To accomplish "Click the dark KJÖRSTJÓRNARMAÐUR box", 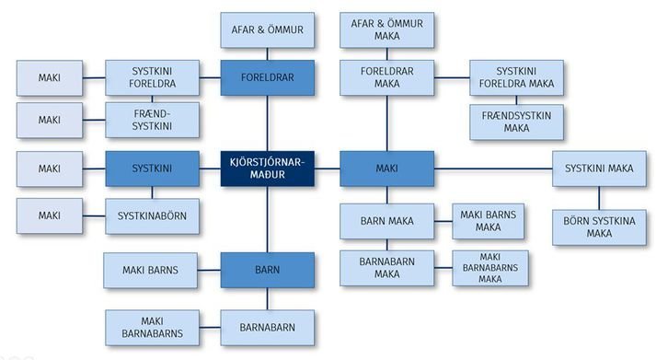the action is click(x=268, y=168).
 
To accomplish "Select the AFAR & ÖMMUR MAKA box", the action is click(x=386, y=29).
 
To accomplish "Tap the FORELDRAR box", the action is click(x=268, y=77).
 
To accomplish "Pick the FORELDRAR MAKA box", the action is click(x=386, y=77).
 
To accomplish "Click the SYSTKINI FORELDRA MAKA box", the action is click(x=516, y=77).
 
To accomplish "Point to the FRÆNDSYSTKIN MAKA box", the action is click(x=516, y=122).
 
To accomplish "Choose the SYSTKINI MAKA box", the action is click(x=599, y=168).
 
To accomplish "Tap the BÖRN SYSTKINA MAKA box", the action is click(x=599, y=227).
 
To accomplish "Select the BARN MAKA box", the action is click(x=386, y=221).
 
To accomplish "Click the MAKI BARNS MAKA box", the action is click(x=488, y=221).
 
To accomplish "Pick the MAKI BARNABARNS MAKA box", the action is click(x=489, y=268).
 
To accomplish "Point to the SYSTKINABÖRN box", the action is click(x=152, y=216).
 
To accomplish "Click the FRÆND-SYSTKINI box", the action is click(x=152, y=120).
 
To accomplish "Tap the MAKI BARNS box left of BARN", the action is click(x=150, y=270).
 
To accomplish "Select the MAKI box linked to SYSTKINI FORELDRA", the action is click(x=50, y=78).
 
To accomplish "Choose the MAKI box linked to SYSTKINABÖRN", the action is click(x=50, y=216).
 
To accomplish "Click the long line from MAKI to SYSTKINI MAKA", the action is click(x=493, y=168).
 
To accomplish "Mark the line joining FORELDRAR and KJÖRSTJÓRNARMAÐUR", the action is click(x=268, y=123).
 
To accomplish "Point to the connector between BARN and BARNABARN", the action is click(x=268, y=299).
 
